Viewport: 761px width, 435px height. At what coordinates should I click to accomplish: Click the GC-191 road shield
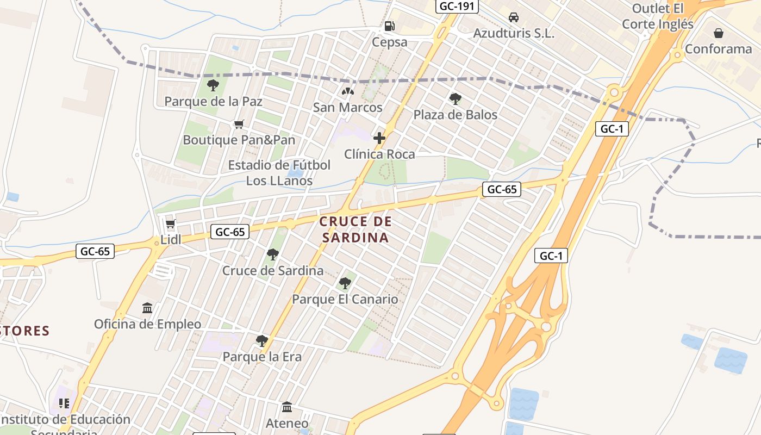click(458, 7)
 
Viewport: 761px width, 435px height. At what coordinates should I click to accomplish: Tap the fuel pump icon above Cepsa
click(389, 26)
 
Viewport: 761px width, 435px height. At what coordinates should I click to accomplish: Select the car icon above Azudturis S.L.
click(513, 17)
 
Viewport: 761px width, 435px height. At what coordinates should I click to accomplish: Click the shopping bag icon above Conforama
click(719, 33)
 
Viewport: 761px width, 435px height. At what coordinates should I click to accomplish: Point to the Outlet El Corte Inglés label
click(658, 16)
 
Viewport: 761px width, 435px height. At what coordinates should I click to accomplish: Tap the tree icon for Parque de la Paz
click(213, 85)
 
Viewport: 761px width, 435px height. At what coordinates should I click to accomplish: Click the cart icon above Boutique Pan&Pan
click(238, 125)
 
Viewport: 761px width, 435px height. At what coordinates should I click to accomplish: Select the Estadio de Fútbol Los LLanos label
click(279, 172)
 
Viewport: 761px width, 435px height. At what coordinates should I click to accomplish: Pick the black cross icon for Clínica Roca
click(379, 138)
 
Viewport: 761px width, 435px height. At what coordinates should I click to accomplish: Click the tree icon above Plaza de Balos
click(456, 99)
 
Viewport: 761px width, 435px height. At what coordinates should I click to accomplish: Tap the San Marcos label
click(347, 108)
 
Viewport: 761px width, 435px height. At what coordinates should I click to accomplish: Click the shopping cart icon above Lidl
click(170, 224)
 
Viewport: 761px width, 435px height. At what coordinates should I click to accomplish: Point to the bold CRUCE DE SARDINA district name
click(355, 229)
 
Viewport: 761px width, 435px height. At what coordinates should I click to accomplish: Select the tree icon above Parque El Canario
click(345, 283)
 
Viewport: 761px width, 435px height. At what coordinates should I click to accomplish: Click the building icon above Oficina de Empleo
click(147, 308)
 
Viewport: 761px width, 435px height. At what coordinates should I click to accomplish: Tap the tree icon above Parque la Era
click(261, 341)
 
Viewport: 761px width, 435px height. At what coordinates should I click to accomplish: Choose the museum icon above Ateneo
click(287, 407)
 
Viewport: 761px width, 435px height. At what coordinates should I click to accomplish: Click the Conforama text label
click(718, 49)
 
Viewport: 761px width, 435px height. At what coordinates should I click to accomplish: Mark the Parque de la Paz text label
click(213, 102)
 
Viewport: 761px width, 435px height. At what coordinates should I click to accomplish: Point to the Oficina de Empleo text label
click(147, 325)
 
